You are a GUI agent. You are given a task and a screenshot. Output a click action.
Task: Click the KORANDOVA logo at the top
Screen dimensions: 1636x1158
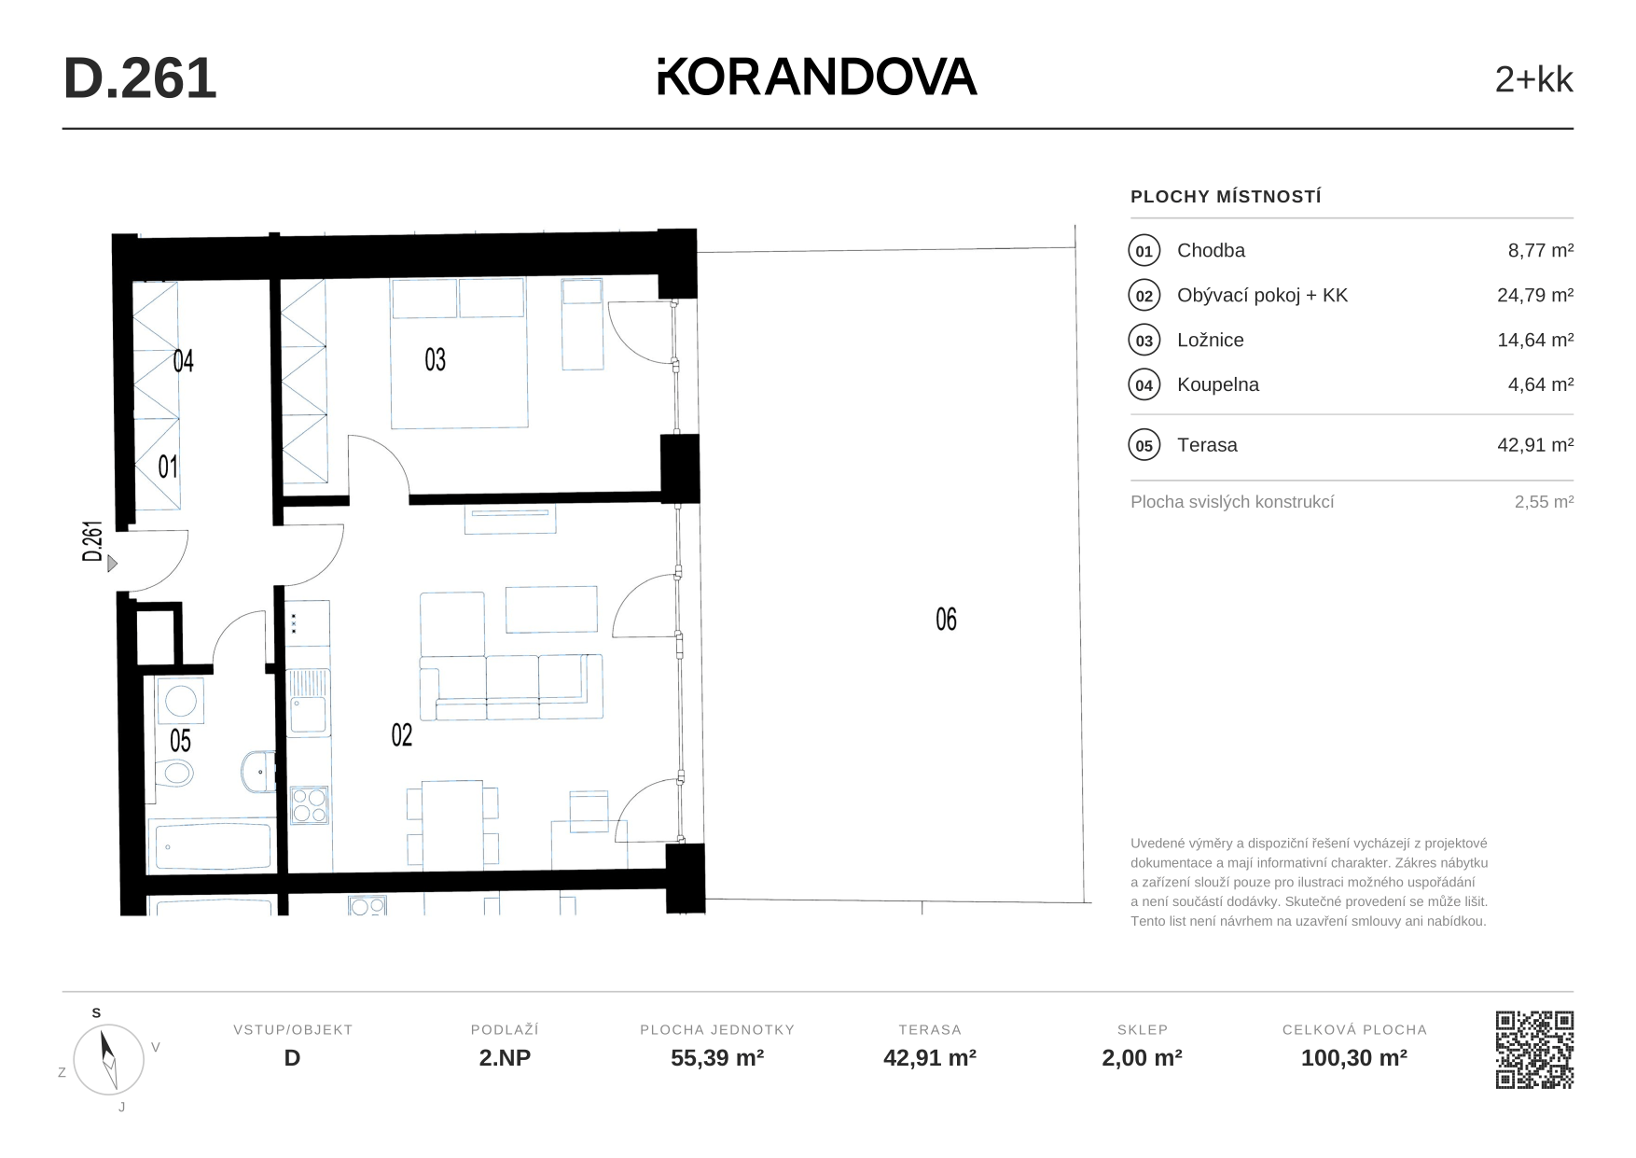(x=817, y=77)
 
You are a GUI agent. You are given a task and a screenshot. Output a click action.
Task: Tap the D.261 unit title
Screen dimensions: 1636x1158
(x=140, y=78)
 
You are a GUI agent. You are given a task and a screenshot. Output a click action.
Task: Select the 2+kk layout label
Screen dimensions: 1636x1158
(x=1533, y=80)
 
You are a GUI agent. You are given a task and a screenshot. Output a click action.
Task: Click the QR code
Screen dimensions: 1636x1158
(x=1534, y=1050)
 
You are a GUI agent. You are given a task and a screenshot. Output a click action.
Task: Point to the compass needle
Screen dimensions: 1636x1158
(x=108, y=1058)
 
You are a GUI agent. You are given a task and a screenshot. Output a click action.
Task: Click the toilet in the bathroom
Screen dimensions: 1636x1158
(x=174, y=772)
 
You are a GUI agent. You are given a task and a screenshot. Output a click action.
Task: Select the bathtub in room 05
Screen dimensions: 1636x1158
(x=212, y=845)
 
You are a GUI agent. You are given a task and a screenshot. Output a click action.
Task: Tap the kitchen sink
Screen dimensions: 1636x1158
(x=308, y=703)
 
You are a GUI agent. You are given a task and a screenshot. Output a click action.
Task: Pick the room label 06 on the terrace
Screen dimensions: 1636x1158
(x=946, y=619)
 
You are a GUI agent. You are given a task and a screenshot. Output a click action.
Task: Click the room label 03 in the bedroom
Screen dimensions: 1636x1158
(x=435, y=359)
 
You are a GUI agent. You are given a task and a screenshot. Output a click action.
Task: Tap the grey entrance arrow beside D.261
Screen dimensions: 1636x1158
(x=112, y=564)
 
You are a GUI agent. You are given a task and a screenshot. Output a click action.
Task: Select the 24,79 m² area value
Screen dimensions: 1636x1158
(x=1535, y=295)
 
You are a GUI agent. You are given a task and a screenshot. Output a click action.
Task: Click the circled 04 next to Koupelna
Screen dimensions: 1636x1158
(x=1144, y=385)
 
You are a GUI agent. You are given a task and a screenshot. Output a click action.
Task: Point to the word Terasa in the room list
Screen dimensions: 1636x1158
(x=1207, y=445)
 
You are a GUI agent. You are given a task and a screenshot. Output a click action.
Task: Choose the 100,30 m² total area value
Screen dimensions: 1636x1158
(x=1354, y=1058)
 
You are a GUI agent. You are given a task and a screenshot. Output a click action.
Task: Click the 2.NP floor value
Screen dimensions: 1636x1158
(x=505, y=1058)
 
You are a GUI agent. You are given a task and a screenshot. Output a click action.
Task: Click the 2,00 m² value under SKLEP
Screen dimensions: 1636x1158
(x=1143, y=1058)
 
